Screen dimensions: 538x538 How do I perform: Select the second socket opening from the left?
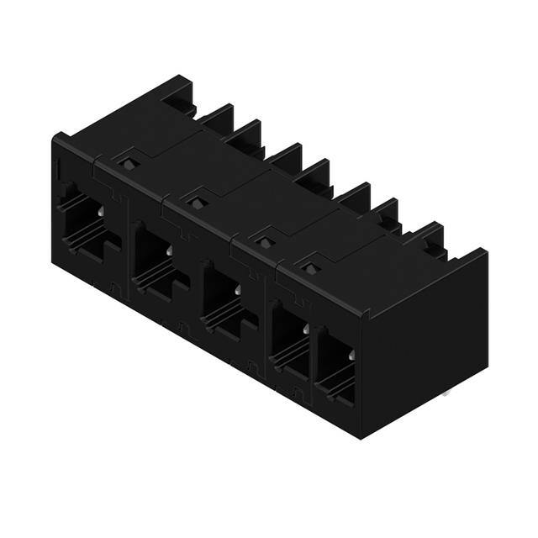point(153,256)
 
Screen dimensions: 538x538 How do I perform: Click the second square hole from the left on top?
point(196,202)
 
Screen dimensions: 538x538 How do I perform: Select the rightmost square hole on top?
point(309,269)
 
